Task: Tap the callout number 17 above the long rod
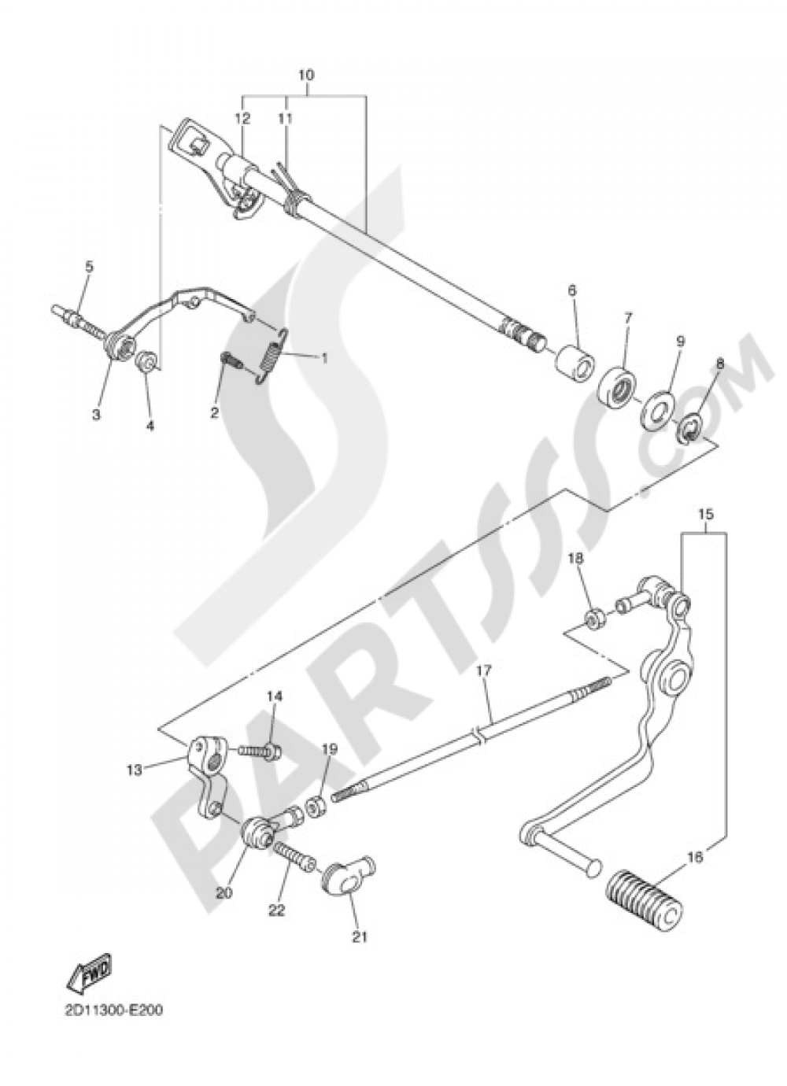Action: click(483, 670)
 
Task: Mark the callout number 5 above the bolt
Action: click(89, 267)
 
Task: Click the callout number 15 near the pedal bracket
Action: click(704, 514)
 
